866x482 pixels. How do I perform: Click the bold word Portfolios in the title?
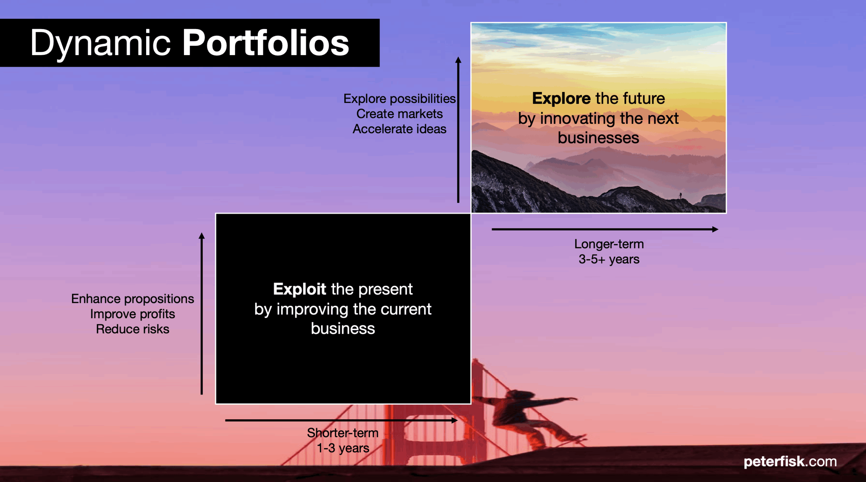266,43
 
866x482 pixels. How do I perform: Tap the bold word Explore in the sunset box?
562,98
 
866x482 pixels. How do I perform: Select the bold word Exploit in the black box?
299,289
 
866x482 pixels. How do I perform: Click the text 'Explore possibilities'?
400,99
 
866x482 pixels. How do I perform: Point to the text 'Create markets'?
400,114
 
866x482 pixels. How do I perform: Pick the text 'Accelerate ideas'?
400,129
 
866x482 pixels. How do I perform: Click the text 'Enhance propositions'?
133,299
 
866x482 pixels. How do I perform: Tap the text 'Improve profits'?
133,314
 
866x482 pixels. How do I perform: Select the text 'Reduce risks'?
133,329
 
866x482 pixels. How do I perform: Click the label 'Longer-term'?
609,244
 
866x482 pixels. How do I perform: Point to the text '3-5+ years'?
609,259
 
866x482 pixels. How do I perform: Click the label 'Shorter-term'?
343,433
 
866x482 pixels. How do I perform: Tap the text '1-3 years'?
343,448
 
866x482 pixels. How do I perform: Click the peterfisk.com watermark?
790,462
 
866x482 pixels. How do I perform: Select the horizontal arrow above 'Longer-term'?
605,229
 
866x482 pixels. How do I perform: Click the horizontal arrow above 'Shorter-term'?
341,420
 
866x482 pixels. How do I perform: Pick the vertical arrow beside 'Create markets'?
458,130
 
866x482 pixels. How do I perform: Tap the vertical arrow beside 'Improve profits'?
202,313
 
